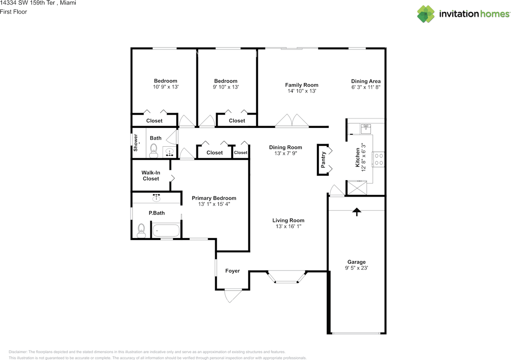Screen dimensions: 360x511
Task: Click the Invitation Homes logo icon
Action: point(426,14)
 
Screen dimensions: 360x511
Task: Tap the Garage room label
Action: point(356,262)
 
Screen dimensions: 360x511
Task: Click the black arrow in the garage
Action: point(356,212)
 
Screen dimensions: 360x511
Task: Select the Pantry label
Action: point(324,160)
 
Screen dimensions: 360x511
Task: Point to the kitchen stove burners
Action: point(378,159)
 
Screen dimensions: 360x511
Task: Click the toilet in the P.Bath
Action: point(141,231)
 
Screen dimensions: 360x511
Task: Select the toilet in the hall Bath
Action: point(154,150)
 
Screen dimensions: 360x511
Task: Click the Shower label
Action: point(136,142)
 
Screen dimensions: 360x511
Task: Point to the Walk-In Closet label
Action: point(151,175)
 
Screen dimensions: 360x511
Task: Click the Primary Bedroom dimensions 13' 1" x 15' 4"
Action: point(214,204)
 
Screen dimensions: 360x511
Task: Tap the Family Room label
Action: point(301,85)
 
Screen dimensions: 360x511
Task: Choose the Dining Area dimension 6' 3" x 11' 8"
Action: point(366,87)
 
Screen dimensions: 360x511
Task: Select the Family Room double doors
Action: point(292,121)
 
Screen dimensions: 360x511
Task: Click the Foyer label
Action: point(232,271)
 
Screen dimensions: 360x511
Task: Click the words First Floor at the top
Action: point(14,12)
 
